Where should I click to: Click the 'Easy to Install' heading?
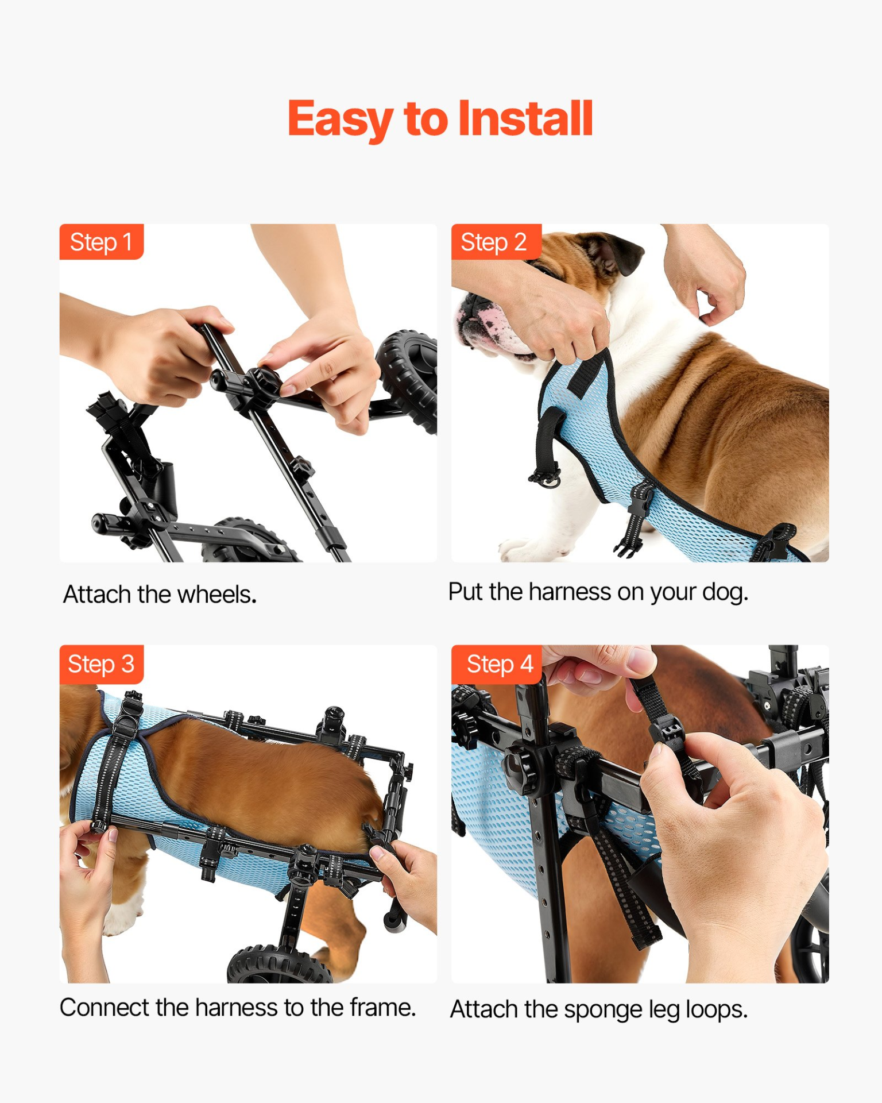tap(440, 119)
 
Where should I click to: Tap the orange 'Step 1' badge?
tap(101, 242)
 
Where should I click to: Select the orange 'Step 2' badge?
tap(496, 242)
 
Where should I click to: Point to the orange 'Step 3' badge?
tap(101, 664)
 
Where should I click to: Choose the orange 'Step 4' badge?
tap(496, 664)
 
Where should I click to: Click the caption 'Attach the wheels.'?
tap(160, 595)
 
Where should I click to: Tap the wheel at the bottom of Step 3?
tap(280, 965)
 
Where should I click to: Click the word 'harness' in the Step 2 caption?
tap(570, 592)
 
